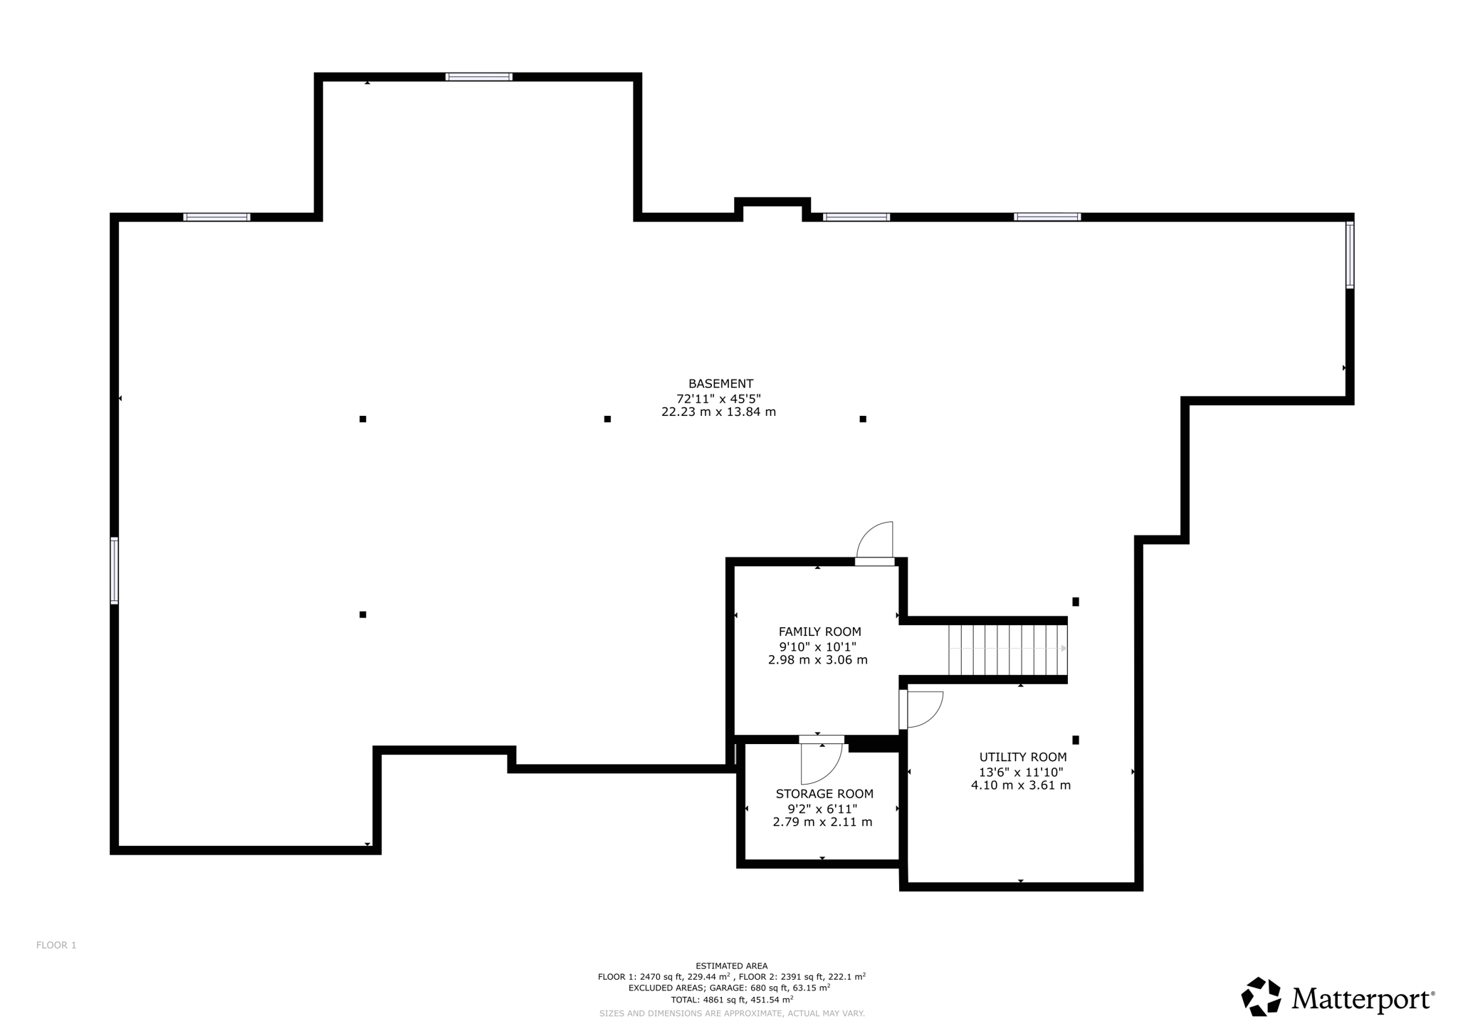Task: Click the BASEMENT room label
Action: tap(720, 384)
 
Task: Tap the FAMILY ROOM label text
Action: tap(819, 632)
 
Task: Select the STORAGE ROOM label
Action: tap(824, 794)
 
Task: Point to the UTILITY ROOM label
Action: tap(1023, 758)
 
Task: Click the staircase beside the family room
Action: tap(1007, 649)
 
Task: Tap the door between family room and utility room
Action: tap(922, 709)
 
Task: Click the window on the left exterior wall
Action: tap(115, 570)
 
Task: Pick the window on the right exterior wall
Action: tap(1349, 255)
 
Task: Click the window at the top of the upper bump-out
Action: tap(478, 77)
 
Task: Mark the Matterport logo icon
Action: tap(1261, 997)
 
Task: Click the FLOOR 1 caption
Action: tap(56, 946)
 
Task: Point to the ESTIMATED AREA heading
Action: tap(732, 966)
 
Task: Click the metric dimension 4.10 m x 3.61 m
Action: tap(1021, 785)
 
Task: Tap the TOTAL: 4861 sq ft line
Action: tap(732, 1000)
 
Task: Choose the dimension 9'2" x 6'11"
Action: tap(822, 809)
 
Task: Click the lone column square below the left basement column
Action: tap(363, 614)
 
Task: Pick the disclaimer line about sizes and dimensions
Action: tap(732, 1013)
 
